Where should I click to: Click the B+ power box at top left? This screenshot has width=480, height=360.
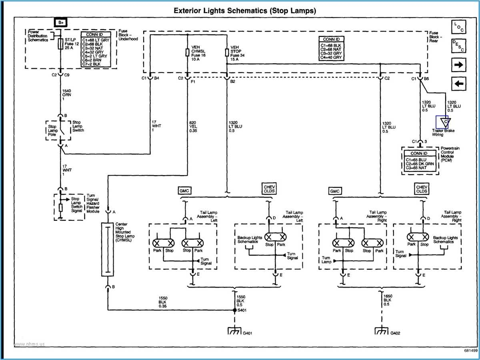[x=60, y=23]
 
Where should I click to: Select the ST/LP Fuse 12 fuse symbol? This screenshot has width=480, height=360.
[x=60, y=44]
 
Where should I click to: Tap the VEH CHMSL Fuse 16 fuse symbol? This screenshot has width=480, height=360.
[x=187, y=52]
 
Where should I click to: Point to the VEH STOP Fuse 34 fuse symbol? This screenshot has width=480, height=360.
[x=227, y=52]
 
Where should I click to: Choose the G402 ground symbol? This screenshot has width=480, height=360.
[x=380, y=331]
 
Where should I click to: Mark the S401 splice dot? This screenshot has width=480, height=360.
[x=234, y=310]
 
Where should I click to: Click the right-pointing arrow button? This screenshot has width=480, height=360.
[x=459, y=64]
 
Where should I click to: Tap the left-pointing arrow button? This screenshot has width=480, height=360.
[x=459, y=84]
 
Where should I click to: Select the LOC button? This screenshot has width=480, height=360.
[x=459, y=27]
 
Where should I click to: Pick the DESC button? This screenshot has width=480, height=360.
[x=459, y=46]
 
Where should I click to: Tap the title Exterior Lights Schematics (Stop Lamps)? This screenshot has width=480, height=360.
[x=244, y=11]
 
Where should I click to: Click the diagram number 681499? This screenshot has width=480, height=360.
[x=470, y=351]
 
